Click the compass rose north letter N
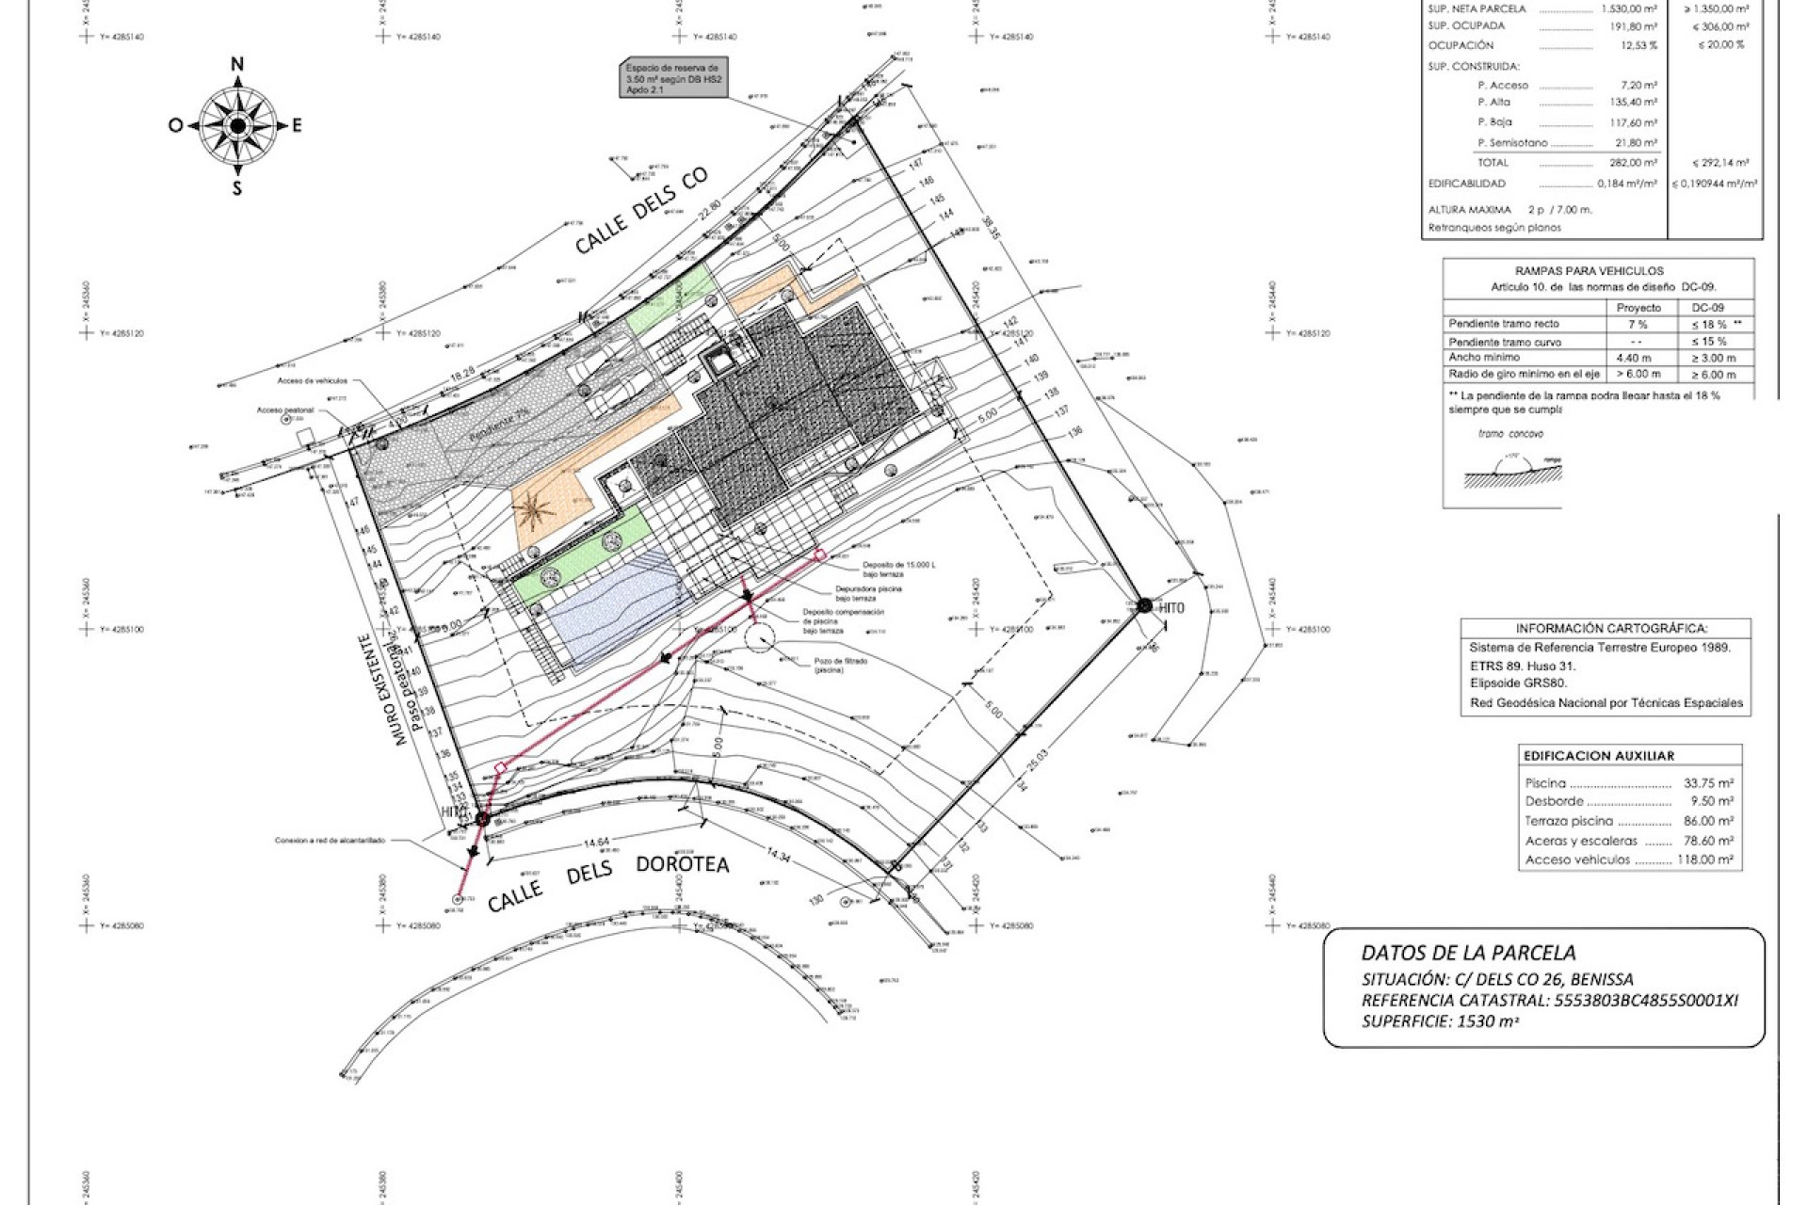(x=237, y=65)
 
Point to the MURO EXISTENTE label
(x=382, y=689)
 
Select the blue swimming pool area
(x=612, y=612)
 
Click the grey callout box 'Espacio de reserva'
(x=673, y=80)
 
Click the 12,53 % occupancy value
(x=1638, y=45)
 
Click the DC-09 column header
(x=1707, y=308)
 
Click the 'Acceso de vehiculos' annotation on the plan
(x=313, y=381)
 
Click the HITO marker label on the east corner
(x=1171, y=609)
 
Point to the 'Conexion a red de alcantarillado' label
(x=330, y=841)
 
